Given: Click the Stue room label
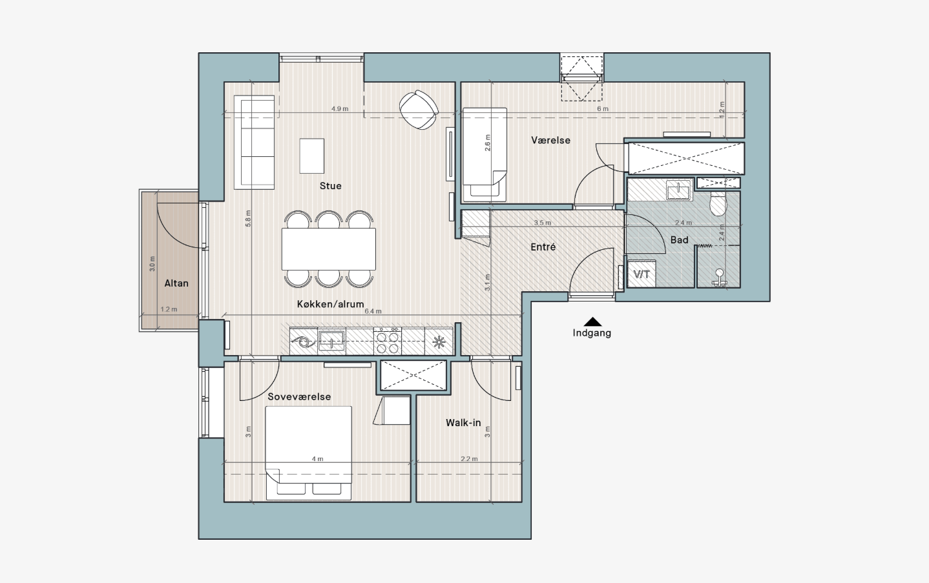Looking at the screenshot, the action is [331, 186].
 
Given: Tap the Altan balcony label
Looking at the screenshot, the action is [176, 283].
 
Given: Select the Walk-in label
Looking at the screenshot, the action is [463, 423].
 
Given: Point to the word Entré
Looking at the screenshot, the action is [543, 247].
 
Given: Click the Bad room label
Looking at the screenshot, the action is [680, 240].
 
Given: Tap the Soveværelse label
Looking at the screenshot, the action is [299, 396].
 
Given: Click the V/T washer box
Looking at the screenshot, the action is [642, 274].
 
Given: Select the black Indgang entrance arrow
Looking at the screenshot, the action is [593, 322].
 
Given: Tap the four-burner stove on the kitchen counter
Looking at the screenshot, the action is [388, 341].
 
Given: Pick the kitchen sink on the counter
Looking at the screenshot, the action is [331, 341].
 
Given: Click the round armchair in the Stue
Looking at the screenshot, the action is [419, 110].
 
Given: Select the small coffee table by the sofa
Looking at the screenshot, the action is [312, 156].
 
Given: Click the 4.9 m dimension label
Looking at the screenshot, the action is [340, 109].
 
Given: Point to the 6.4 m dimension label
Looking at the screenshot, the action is [373, 311].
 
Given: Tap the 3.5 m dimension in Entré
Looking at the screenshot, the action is [543, 223].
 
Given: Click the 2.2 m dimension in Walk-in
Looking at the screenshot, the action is [469, 459].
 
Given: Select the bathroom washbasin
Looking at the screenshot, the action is [679, 190].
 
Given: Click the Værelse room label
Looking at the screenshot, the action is [551, 140].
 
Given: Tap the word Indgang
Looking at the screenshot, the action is [592, 332].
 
